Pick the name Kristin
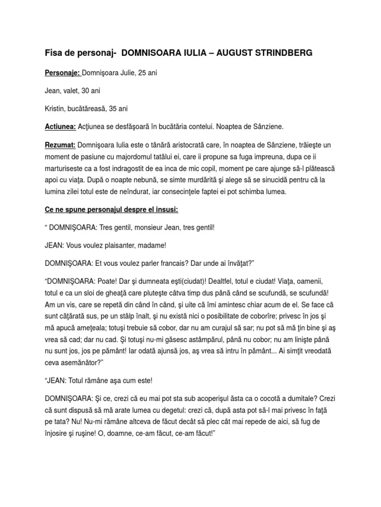click(x=55, y=109)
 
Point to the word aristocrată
click(x=177, y=145)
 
